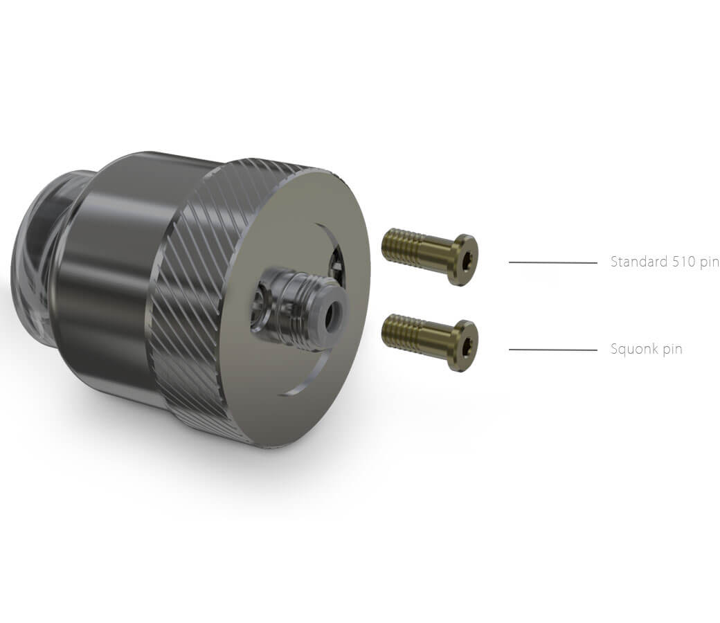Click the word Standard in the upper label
pyautogui.click(x=639, y=262)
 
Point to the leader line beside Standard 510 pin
pyautogui.click(x=553, y=262)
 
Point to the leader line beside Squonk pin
pyautogui.click(x=553, y=350)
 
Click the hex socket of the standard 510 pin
pyautogui.click(x=467, y=260)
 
